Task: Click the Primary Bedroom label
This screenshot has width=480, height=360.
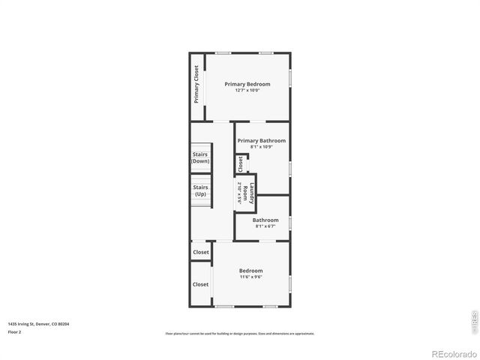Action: coord(247,84)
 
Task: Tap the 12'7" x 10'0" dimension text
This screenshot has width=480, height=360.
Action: coord(247,91)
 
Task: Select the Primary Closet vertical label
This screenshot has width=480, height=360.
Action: coord(196,84)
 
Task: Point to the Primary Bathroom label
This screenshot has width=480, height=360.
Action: coord(262,140)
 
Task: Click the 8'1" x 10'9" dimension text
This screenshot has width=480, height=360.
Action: coord(262,147)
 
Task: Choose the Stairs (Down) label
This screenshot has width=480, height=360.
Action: coord(200,157)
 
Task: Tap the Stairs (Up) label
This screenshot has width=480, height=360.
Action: coord(200,190)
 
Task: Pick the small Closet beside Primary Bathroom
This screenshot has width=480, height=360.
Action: coord(241,163)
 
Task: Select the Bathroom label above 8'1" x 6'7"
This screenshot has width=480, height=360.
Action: coord(265,220)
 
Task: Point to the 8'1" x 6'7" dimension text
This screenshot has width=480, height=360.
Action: coord(265,226)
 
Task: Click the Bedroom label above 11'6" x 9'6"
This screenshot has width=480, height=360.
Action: coord(251,271)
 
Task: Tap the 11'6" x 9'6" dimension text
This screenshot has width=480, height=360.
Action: coord(251,277)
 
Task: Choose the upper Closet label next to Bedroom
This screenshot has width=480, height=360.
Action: coord(201,252)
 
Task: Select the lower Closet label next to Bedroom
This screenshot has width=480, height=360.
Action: coord(201,284)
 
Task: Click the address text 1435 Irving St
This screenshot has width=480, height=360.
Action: coord(38,324)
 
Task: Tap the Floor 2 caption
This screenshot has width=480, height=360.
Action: coord(15,331)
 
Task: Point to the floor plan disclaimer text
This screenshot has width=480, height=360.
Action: coord(240,334)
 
